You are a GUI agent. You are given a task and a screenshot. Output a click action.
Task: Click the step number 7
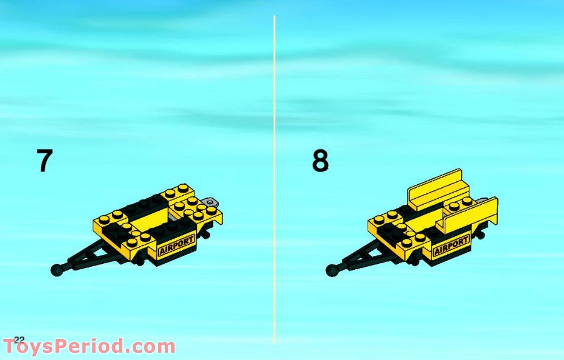(45, 161)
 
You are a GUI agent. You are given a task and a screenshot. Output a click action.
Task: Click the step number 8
(320, 161)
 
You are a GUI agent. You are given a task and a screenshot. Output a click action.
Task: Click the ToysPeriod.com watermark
(89, 347)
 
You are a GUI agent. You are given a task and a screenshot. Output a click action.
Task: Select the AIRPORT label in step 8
(451, 246)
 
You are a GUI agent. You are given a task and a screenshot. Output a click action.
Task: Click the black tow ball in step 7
(57, 270)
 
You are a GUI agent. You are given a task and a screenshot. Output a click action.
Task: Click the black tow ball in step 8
(332, 270)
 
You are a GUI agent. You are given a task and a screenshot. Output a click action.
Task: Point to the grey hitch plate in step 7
(210, 202)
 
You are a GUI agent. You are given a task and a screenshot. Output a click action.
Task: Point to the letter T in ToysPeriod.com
(10, 347)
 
